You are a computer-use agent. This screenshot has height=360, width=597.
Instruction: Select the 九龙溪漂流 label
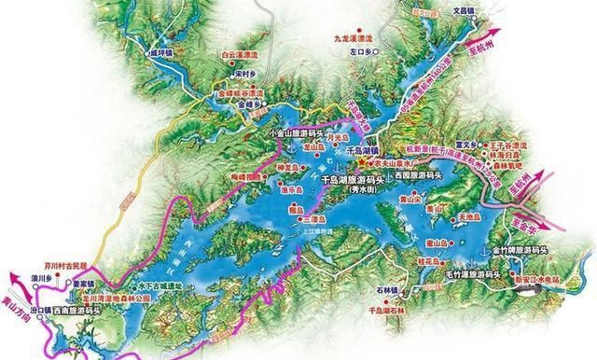pos(354,39)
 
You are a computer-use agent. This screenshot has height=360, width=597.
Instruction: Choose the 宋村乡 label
pos(246,72)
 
